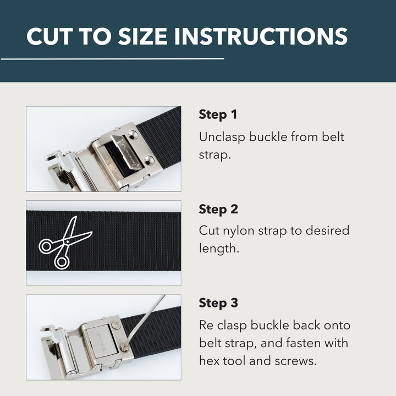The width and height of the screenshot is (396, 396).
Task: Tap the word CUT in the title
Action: coord(51,36)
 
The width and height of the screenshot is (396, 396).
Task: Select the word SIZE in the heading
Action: coord(139,36)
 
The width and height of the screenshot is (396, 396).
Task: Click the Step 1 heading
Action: coord(218,115)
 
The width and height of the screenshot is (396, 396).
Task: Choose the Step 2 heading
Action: coord(218,209)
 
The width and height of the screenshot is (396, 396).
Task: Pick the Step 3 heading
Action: coord(218,303)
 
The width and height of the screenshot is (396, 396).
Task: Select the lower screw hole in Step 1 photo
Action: coord(149,161)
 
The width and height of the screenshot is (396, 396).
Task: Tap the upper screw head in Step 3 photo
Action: coord(116,325)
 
